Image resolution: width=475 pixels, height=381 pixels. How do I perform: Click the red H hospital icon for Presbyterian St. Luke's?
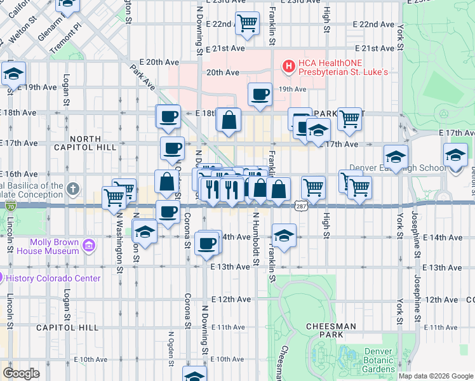tap(288, 65)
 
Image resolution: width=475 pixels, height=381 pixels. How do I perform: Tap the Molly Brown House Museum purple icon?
tap(89, 245)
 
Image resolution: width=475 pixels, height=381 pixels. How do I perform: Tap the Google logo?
tap(21, 373)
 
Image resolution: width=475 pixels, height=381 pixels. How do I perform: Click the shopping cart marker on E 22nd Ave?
tap(247, 23)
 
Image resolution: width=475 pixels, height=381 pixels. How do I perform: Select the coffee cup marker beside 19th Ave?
tap(260, 95)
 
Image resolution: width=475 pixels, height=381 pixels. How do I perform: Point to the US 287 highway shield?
tap(300, 206)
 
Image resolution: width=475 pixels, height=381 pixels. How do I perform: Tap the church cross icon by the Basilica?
tap(74, 189)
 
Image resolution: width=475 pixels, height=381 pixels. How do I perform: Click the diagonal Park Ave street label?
tap(147, 74)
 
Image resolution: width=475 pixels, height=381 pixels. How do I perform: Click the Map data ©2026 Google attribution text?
tap(436, 376)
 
